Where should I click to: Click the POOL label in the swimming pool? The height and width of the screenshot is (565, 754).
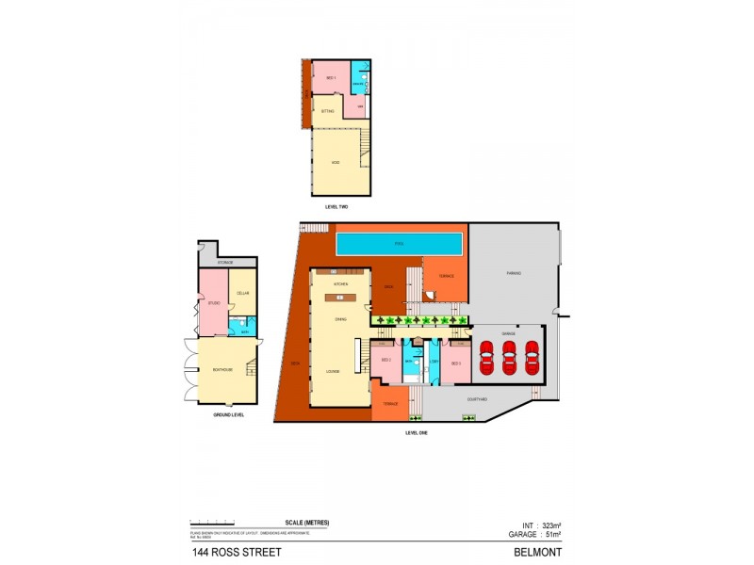point(400,244)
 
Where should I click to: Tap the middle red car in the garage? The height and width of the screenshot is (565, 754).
point(509,357)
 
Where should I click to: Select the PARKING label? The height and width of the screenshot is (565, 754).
point(514,273)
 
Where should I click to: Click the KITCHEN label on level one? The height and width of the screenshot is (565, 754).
point(343,282)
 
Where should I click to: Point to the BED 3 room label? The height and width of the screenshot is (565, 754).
point(455,363)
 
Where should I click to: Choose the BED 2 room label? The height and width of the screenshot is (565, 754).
point(386,361)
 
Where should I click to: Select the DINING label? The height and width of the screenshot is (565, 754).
point(340,320)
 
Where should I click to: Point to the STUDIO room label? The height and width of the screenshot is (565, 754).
point(213,303)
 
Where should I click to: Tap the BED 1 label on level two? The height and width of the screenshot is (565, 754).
point(331,77)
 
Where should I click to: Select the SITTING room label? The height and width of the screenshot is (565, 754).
point(328,111)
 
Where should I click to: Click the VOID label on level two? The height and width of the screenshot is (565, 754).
point(335,163)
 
